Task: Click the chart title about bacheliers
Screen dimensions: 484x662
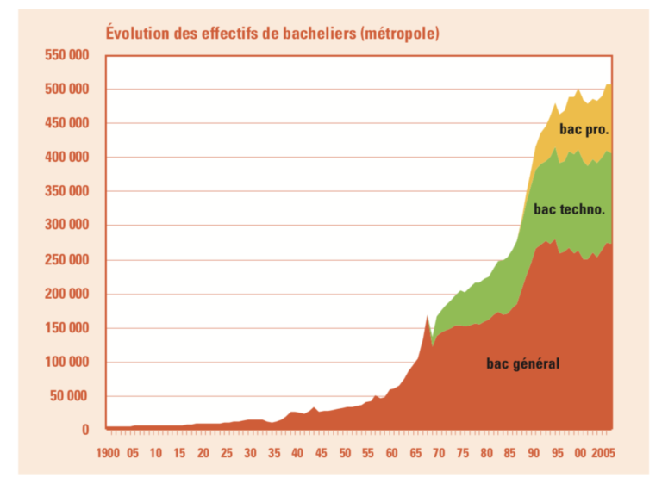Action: (x=272, y=34)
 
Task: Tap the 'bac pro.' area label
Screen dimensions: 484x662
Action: (x=584, y=130)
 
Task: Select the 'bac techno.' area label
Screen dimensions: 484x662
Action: (x=568, y=208)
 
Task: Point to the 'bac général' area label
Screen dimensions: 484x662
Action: (x=522, y=363)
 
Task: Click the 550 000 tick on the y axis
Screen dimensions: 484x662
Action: (x=66, y=55)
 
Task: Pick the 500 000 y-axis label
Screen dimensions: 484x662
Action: (x=66, y=90)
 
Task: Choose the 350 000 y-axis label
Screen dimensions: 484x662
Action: (x=66, y=191)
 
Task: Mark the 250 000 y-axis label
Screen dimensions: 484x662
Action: (x=66, y=259)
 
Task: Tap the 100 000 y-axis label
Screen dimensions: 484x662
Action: (x=66, y=362)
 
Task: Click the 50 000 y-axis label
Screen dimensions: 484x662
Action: (x=69, y=396)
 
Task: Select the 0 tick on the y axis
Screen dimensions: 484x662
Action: (x=85, y=430)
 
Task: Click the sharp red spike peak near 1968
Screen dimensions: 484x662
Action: (x=427, y=316)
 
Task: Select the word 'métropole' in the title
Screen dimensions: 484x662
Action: (x=400, y=34)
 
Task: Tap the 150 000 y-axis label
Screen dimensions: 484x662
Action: (x=66, y=328)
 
